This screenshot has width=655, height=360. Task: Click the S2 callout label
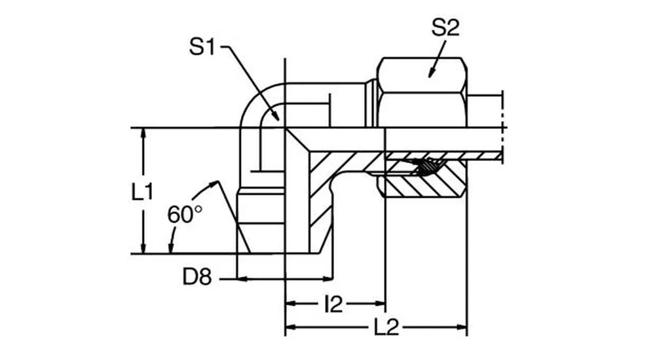pyautogui.click(x=446, y=28)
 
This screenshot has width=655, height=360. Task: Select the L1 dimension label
pyautogui.click(x=142, y=192)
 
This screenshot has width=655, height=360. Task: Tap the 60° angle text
pyautogui.click(x=185, y=215)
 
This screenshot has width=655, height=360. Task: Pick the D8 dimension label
pyautogui.click(x=197, y=278)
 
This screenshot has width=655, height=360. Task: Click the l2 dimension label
pyautogui.click(x=333, y=303)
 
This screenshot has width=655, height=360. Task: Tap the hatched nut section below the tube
pyautogui.click(x=426, y=187)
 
